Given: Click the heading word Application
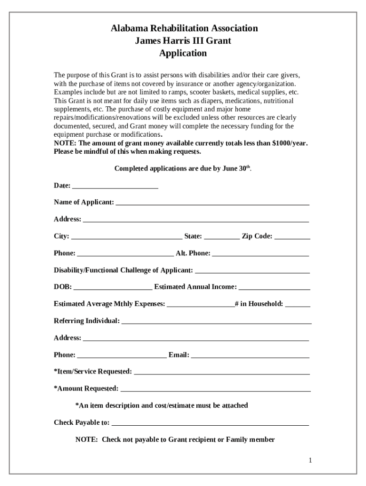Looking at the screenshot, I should tap(183, 53).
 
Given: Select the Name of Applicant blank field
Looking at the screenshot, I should tap(212, 203).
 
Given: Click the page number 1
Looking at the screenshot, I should tap(310, 460).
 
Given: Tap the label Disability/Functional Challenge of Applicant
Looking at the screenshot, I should tap(124, 271).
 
